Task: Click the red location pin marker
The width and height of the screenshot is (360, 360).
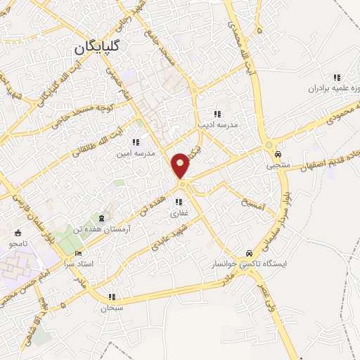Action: [181, 165]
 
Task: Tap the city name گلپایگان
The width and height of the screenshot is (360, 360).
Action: [102, 49]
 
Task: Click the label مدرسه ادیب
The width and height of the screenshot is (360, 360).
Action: [218, 124]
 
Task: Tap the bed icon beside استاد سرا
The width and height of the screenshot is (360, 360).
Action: [78, 253]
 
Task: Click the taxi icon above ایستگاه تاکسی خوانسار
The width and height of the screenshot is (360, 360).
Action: [249, 254]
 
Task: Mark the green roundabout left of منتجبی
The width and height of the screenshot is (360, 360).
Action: [268, 146]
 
